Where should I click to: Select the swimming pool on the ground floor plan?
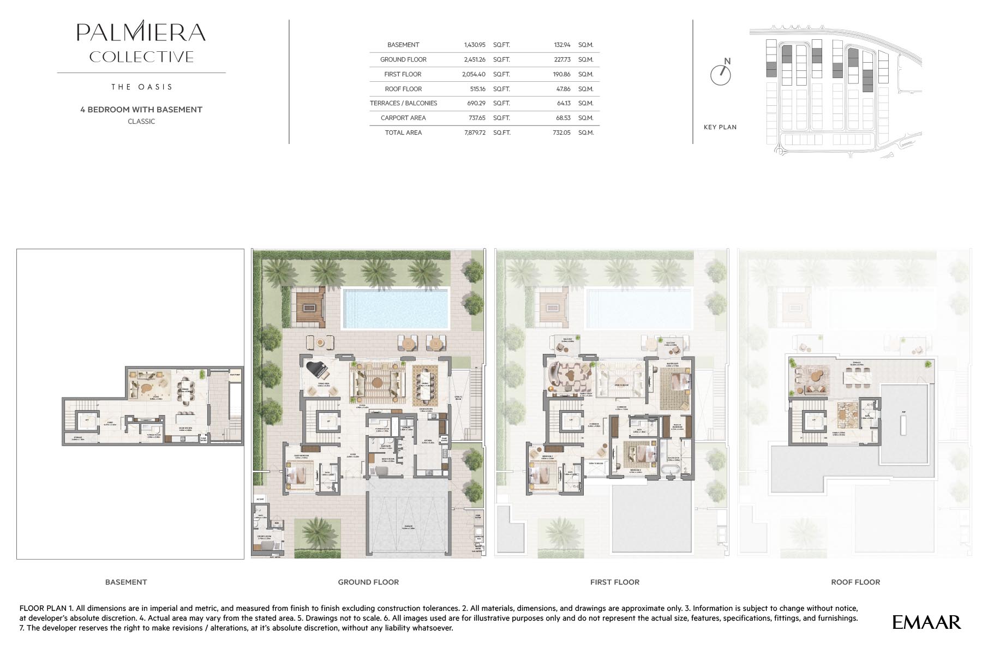[395, 308]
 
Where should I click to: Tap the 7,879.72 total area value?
[475, 133]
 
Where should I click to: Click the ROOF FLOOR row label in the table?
[403, 89]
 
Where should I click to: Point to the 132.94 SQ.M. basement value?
[562, 45]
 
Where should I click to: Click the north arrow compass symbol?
[720, 74]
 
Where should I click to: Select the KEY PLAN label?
[720, 127]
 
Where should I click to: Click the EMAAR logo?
[926, 622]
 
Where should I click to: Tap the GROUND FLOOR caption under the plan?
[368, 582]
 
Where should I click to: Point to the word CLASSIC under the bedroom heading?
[141, 122]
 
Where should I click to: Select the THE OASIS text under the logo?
[141, 87]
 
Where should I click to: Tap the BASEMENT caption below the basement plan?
[126, 582]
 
